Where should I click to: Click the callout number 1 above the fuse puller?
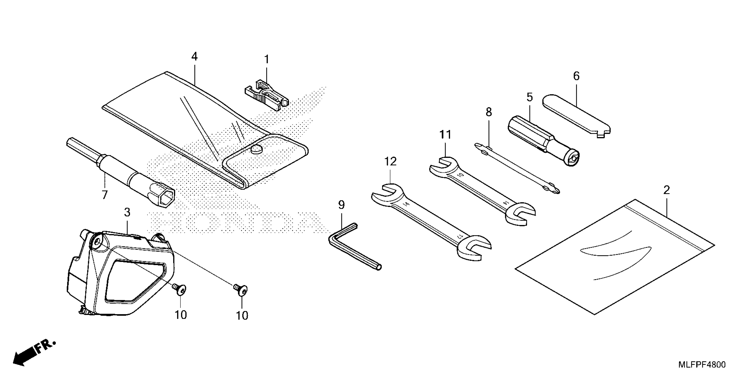[266, 59]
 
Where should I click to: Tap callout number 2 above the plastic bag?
[666, 190]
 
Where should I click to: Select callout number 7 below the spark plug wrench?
[104, 195]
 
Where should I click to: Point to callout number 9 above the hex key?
[341, 205]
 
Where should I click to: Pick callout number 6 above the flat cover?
[576, 76]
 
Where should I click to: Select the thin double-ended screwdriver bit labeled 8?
[517, 168]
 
